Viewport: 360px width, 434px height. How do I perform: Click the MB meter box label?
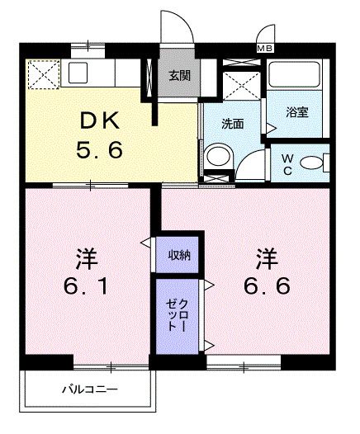(x=266, y=49)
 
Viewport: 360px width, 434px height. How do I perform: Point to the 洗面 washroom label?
(x=232, y=124)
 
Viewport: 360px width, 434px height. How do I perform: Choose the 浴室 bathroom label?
(x=297, y=111)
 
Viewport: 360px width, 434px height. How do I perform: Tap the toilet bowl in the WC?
(x=314, y=163)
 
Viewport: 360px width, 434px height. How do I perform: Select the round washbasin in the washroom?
(x=218, y=157)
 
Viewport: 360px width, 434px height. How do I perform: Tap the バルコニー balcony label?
(x=91, y=388)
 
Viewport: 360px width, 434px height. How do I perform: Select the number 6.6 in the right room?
(x=266, y=288)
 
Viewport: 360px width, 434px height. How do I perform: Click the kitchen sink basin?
(x=83, y=73)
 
